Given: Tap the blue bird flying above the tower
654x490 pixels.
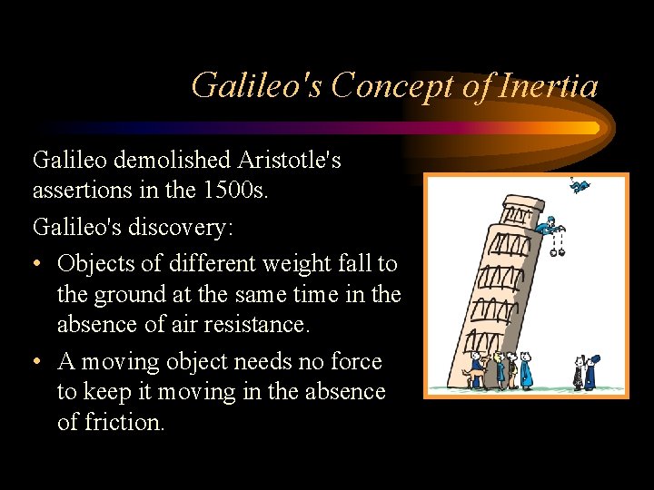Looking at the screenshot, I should (579, 187).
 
